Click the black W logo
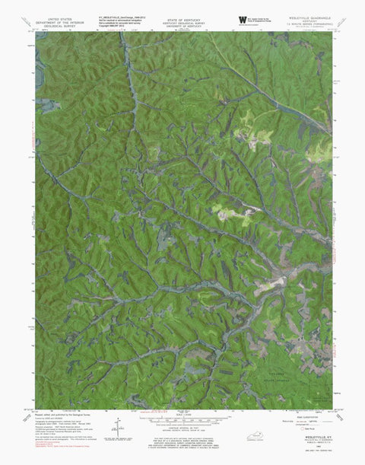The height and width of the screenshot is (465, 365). (x=242, y=18)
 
